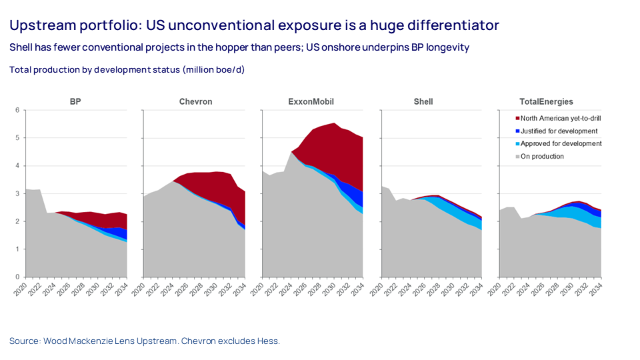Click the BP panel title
75,102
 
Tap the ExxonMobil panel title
311,102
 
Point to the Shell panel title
423,102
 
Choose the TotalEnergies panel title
545,102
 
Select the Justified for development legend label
559,131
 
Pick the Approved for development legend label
561,144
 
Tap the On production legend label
542,157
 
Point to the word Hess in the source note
268,341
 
